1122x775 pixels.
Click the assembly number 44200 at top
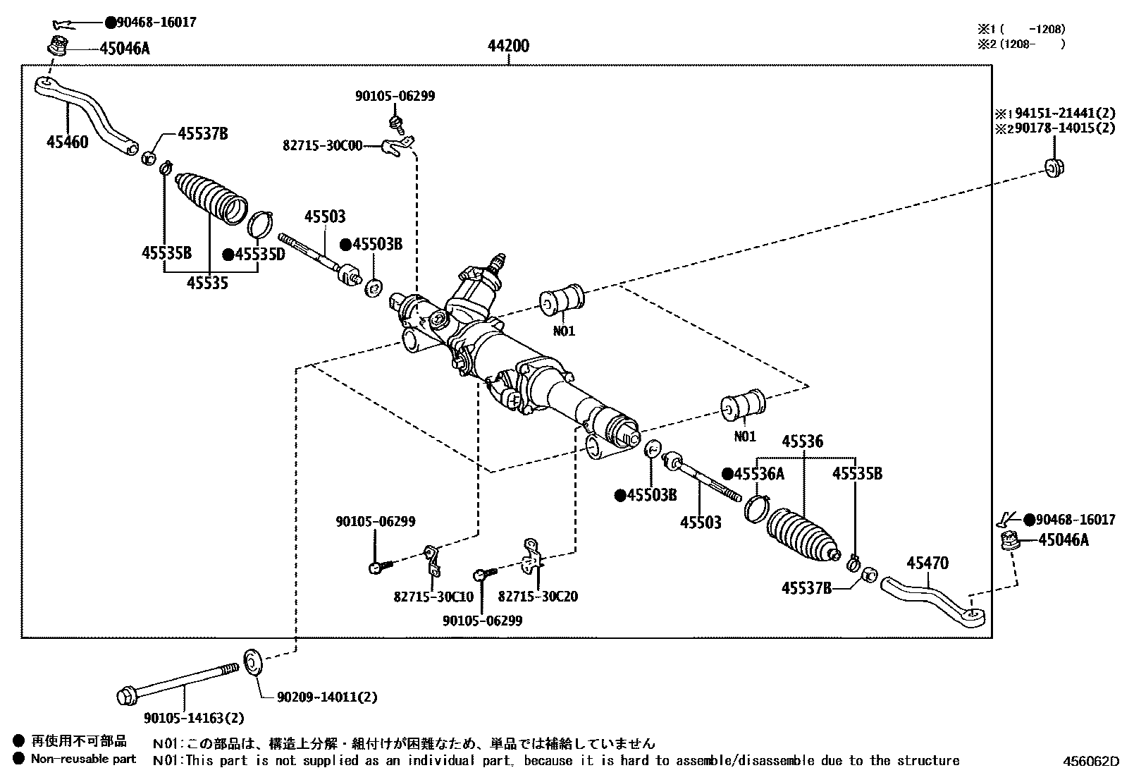coord(508,46)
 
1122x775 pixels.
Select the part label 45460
coord(68,142)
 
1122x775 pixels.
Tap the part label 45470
coord(927,563)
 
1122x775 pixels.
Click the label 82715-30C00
coord(322,145)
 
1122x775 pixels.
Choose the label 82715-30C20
coord(538,597)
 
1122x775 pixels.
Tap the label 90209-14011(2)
coord(326,697)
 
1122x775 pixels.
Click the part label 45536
coord(802,441)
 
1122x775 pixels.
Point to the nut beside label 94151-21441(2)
coord(1053,168)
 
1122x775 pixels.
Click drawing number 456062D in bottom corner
coord(1091,761)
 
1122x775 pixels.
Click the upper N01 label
coord(564,331)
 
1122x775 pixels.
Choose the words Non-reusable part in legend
coord(83,759)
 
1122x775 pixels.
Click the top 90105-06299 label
coord(395,96)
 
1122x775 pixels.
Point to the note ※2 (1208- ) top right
coord(1020,44)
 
